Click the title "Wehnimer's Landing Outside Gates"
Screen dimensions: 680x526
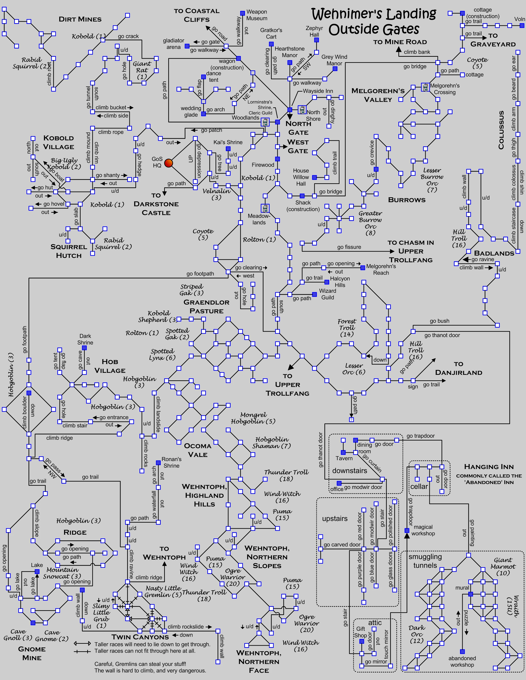pos(374,22)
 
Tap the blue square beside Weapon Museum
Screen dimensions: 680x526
pos(242,13)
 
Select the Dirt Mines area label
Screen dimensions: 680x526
pos(80,19)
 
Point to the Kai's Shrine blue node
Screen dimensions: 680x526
pos(228,149)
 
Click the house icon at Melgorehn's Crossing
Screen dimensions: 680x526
pos(425,87)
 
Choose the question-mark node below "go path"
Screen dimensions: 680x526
pos(352,420)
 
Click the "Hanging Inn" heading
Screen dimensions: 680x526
pos(489,467)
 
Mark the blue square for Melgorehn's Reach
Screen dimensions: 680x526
pos(363,267)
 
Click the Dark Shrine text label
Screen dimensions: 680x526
pos(85,339)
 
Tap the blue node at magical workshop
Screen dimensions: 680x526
pos(407,530)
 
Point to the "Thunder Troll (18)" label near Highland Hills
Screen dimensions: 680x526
pos(286,475)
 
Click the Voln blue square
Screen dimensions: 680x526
pos(522,26)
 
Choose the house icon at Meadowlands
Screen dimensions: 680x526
pos(265,208)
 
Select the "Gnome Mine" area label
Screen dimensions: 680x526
pos(32,653)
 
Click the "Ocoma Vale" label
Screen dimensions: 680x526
pos(197,450)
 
